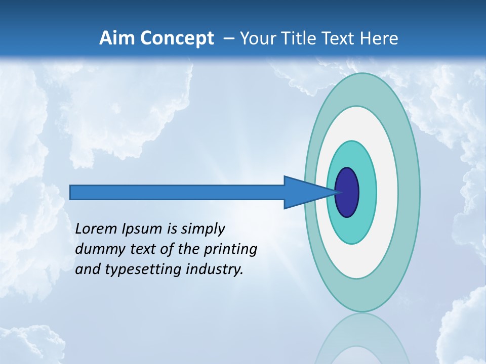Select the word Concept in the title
pyautogui.click(x=178, y=38)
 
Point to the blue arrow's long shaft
pyautogui.click(x=177, y=192)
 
